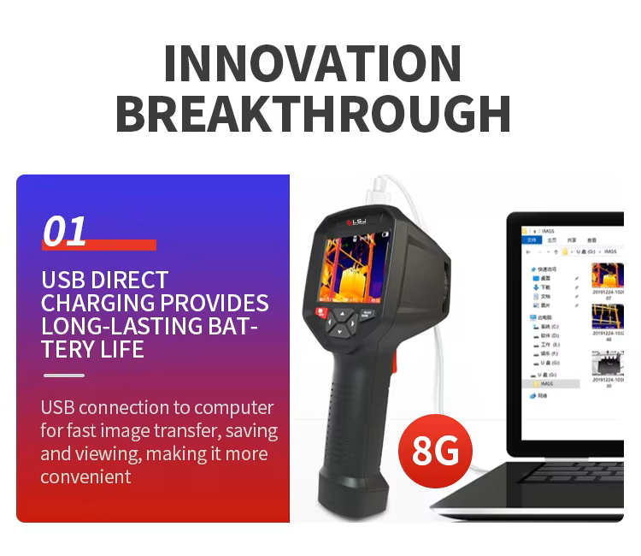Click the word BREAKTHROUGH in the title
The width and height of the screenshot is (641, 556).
pos(313,113)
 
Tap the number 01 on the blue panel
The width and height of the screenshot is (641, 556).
pos(65,231)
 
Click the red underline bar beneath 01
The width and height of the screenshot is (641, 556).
pos(99,245)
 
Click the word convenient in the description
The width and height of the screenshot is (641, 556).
pos(85,476)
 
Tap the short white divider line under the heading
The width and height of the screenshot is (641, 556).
pos(63,376)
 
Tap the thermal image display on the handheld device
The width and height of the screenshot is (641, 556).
pos(353,265)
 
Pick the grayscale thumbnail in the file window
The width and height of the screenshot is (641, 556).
pos(609,364)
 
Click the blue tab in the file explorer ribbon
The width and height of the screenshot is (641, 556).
pos(532,241)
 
